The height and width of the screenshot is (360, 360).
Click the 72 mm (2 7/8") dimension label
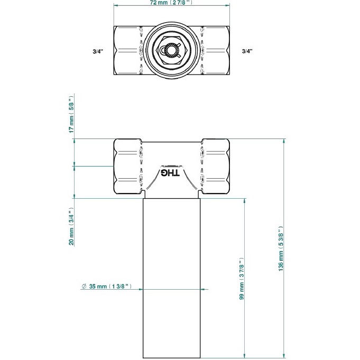pyautogui.click(x=172, y=3)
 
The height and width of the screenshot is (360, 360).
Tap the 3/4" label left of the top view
pyautogui.click(x=97, y=51)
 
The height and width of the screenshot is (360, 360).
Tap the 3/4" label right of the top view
pyautogui.click(x=247, y=51)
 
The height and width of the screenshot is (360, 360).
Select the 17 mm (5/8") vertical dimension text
pyautogui.click(x=71, y=115)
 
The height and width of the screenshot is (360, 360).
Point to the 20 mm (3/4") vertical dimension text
pyautogui.click(x=71, y=226)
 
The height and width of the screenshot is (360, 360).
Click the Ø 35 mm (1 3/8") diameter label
pyautogui.click(x=110, y=287)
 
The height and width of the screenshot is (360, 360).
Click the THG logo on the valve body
pyautogui.click(x=171, y=173)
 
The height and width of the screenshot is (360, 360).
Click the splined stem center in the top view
pyautogui.click(x=171, y=51)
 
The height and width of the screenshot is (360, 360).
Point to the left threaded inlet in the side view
pyautogui.click(x=127, y=167)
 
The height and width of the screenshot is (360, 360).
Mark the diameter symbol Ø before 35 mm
pyautogui.click(x=84, y=287)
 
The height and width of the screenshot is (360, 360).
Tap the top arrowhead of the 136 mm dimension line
pyautogui.click(x=284, y=142)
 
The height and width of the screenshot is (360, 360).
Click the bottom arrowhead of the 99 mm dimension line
pyautogui.click(x=245, y=355)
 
